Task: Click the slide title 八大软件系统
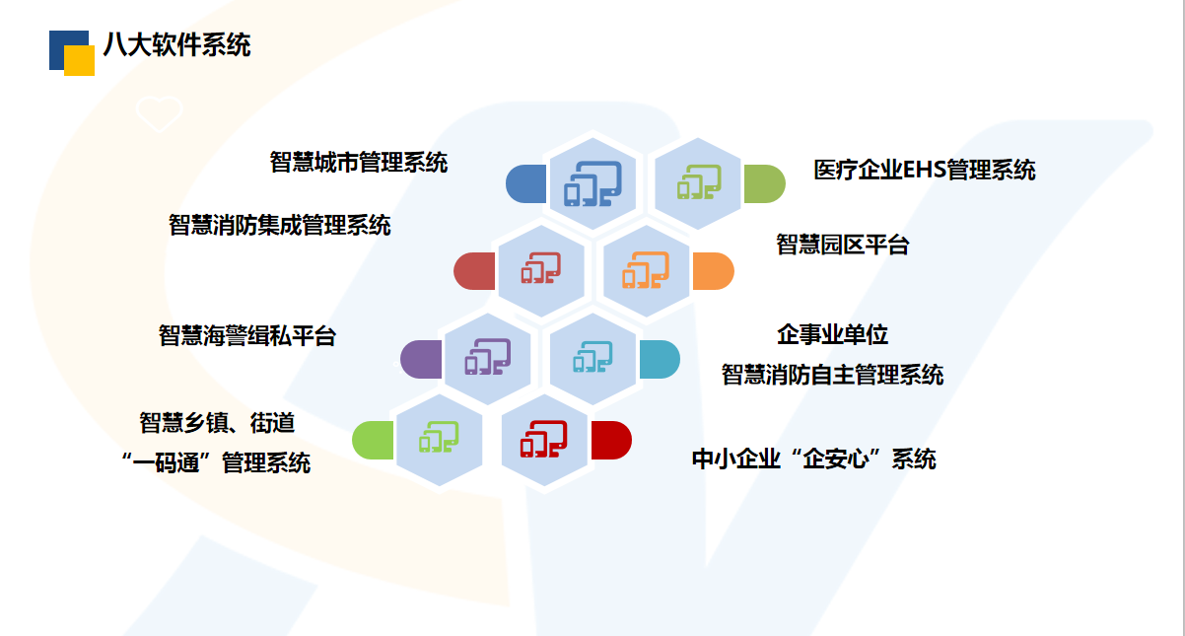tap(176, 44)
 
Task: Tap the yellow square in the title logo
tap(79, 60)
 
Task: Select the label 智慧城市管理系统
tap(359, 162)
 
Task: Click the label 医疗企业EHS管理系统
tap(924, 170)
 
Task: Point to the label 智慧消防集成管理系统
tap(280, 225)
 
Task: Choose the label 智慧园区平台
tap(842, 245)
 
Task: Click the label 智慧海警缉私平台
tap(247, 335)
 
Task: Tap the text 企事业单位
tap(832, 334)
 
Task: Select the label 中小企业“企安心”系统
tap(813, 459)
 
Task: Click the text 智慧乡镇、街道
tap(217, 423)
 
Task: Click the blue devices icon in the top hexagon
tap(592, 183)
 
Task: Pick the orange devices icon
tap(646, 270)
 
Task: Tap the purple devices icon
tap(487, 357)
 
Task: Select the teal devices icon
tap(592, 357)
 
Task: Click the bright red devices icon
tap(544, 439)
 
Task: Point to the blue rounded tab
tap(525, 183)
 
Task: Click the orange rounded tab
tap(713, 271)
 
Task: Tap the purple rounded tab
tap(421, 359)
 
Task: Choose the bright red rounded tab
tap(611, 440)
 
